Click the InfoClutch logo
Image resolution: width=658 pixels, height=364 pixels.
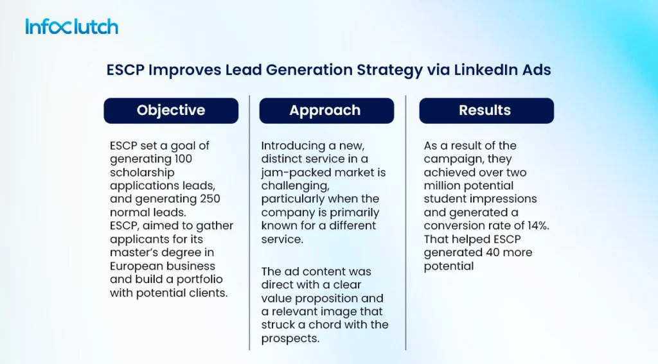pyautogui.click(x=72, y=26)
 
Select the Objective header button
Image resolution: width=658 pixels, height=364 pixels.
pyautogui.click(x=171, y=110)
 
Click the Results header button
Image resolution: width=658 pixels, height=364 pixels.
pyautogui.click(x=485, y=110)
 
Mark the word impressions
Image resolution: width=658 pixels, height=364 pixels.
pyautogui.click(x=503, y=199)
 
